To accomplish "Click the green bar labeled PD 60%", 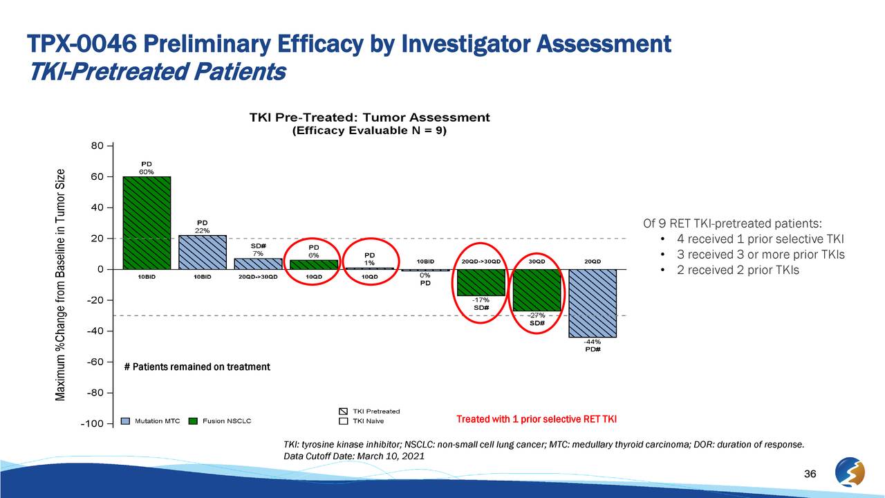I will (x=147, y=223).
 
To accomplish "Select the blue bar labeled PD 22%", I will (x=203, y=252).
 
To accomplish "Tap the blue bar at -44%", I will (x=593, y=303).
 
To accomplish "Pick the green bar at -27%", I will (x=537, y=290).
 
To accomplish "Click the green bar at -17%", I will (x=481, y=282).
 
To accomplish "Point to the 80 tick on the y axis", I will (x=97, y=146).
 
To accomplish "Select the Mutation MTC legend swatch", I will (x=126, y=421).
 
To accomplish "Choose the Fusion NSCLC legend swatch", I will (x=194, y=421).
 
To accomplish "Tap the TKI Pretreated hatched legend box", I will (x=343, y=412).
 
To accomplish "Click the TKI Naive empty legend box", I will (x=343, y=421).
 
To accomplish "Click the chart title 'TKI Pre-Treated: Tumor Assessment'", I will (x=369, y=118).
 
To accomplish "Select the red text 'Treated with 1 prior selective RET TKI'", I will (x=537, y=420).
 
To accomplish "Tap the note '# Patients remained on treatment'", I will (x=197, y=367).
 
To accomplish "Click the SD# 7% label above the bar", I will (x=259, y=250).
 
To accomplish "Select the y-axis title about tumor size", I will (x=61, y=284).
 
